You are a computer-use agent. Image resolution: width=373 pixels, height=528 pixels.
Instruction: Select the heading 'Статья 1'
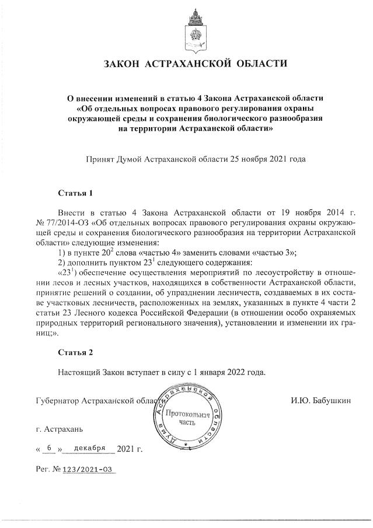pos(76,192)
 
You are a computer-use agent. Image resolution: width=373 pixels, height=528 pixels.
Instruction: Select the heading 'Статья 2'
pos(76,352)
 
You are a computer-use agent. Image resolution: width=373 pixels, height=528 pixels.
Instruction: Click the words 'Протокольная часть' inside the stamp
pos(187,418)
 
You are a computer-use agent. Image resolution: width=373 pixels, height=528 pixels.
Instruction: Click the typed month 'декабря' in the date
pos(89,448)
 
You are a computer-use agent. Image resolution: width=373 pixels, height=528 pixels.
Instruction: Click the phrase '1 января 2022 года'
pos(230,372)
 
